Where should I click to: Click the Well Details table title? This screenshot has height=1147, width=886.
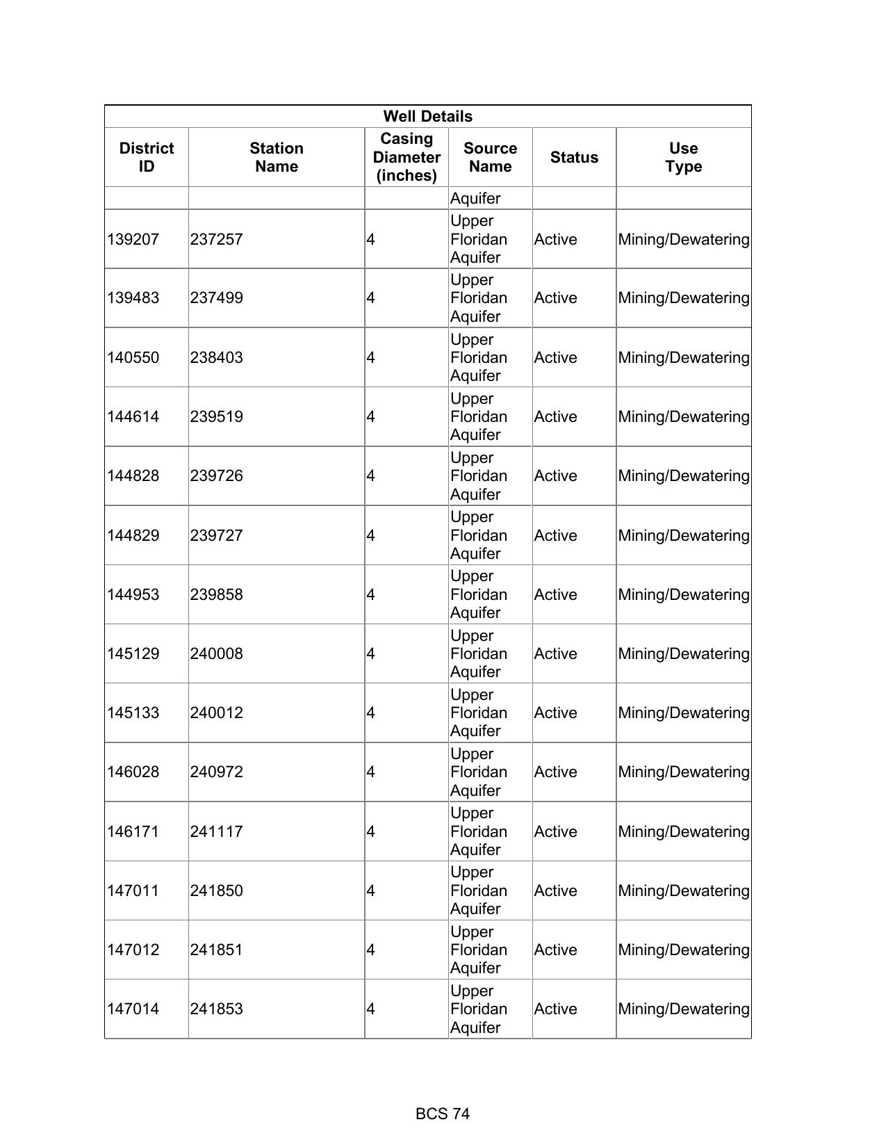click(x=427, y=116)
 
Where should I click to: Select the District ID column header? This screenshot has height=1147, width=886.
click(x=147, y=157)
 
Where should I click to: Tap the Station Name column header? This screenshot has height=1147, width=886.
click(x=276, y=157)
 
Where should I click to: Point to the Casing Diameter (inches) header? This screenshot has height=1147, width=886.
click(x=407, y=157)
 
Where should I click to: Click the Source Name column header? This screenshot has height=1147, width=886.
click(x=490, y=157)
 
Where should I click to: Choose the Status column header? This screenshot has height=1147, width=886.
click(x=574, y=157)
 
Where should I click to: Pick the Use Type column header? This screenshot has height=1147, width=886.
click(x=683, y=157)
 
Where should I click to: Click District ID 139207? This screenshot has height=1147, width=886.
click(x=133, y=239)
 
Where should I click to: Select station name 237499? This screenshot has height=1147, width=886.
click(x=217, y=298)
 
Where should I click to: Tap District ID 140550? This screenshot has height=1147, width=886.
click(x=133, y=357)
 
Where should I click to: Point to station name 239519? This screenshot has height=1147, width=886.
click(x=217, y=416)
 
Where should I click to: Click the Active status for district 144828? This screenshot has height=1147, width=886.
click(x=555, y=475)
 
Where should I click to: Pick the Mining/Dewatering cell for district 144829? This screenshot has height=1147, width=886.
click(x=683, y=535)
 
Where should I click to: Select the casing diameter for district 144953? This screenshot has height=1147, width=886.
click(x=371, y=594)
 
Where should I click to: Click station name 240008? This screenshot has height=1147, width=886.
click(x=217, y=653)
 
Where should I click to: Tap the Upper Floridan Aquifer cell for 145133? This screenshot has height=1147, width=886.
click(x=479, y=713)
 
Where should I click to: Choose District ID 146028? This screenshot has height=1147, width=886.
click(x=133, y=772)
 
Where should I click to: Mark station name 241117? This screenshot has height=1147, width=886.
click(x=217, y=831)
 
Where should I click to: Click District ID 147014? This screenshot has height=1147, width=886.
click(x=133, y=1009)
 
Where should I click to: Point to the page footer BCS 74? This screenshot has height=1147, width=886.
click(x=443, y=1114)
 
